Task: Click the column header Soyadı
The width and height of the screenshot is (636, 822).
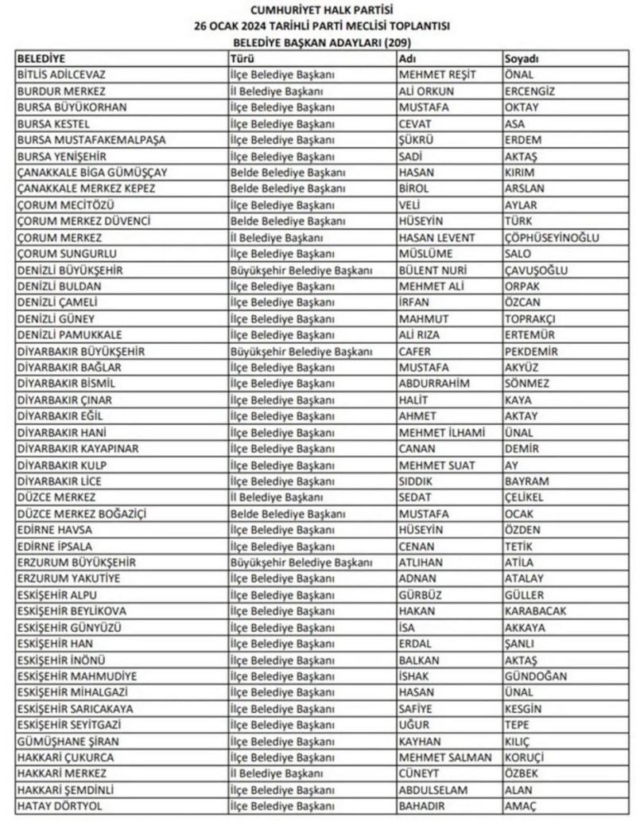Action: (x=522, y=59)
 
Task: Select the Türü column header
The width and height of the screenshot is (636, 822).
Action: (x=242, y=59)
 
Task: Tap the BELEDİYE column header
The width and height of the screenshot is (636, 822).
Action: (x=41, y=59)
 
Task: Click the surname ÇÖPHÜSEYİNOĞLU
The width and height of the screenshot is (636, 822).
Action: (x=552, y=238)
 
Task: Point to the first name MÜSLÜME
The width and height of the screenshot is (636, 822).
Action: (x=425, y=254)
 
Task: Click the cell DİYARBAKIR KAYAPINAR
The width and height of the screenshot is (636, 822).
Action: (x=78, y=449)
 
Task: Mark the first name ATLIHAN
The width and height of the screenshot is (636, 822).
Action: (x=423, y=563)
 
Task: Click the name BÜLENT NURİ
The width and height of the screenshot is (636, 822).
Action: (x=434, y=270)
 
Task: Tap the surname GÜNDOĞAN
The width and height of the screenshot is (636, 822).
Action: (x=536, y=676)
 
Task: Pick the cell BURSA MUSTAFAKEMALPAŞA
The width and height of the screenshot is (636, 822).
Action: (x=91, y=140)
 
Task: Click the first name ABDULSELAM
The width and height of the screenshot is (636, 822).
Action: (x=433, y=790)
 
